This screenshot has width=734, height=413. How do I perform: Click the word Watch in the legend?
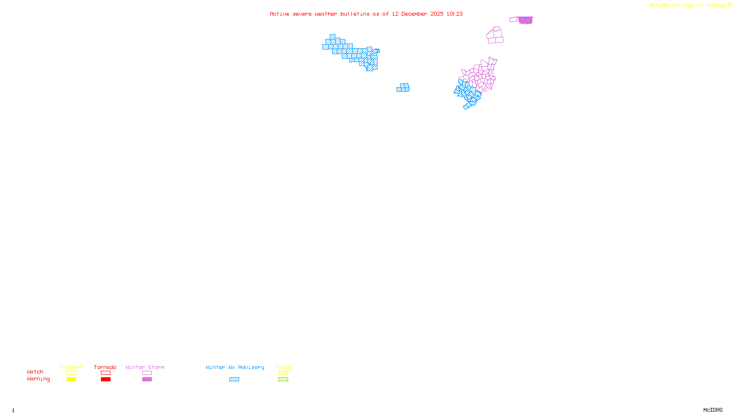[35, 372]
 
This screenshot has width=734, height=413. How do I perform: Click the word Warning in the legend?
[38, 379]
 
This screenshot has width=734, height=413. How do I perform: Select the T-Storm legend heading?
[71, 367]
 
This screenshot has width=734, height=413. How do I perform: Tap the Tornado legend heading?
[105, 367]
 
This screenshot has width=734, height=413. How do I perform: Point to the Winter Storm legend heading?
[145, 367]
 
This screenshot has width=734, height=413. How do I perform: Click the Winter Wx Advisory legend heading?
[235, 367]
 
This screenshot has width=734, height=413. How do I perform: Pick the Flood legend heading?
[283, 367]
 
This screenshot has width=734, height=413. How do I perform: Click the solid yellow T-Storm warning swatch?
[71, 380]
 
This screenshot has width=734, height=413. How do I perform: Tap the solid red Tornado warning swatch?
[106, 380]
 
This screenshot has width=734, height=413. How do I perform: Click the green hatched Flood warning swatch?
[284, 380]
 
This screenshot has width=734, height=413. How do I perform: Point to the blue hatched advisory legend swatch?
[234, 380]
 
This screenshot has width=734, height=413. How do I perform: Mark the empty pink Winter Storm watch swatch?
[147, 373]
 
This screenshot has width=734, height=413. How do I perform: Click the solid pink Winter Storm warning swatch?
[147, 380]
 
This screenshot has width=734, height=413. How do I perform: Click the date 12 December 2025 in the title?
[417, 14]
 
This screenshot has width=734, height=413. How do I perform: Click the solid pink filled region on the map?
[526, 20]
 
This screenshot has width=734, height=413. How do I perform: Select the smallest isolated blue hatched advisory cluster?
[403, 88]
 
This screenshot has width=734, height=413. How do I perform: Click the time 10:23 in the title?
[455, 14]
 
